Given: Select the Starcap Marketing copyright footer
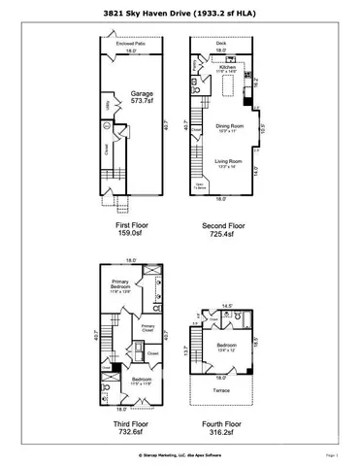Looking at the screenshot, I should point(179,454).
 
